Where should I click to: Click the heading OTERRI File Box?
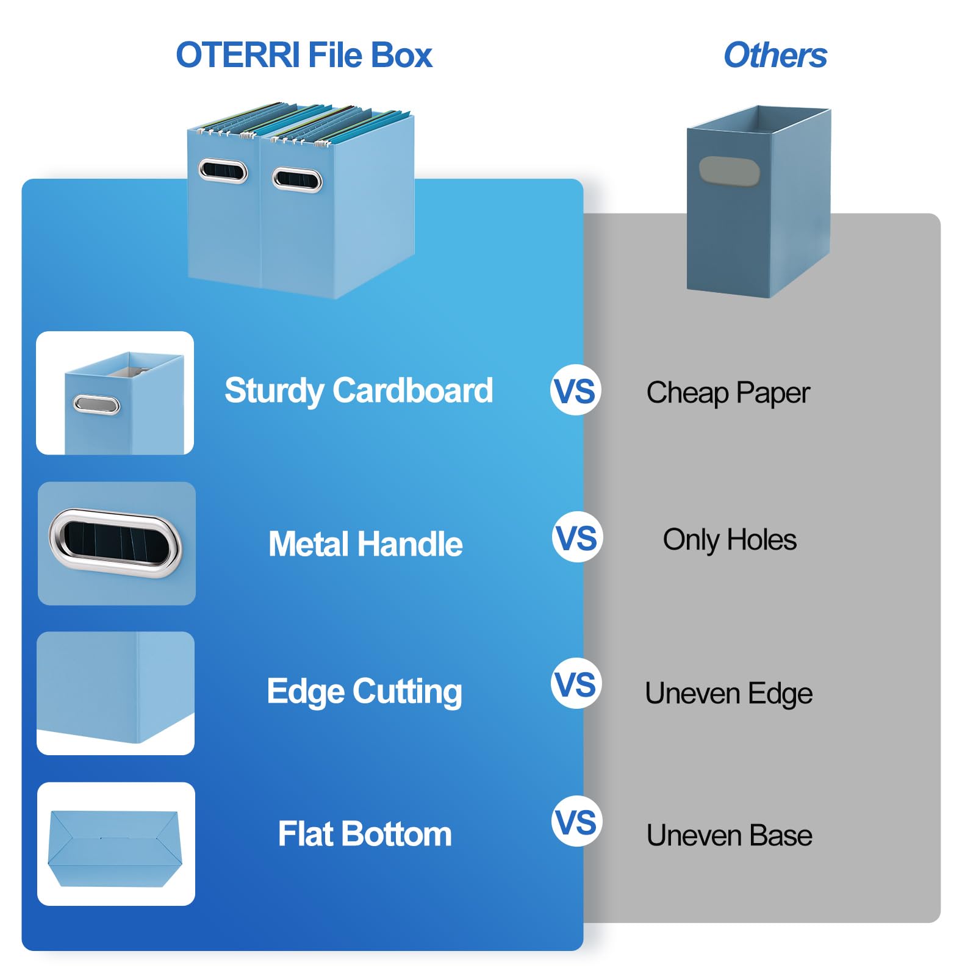tap(304, 56)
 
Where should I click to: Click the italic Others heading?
tap(775, 56)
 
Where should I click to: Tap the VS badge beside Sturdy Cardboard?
tap(576, 390)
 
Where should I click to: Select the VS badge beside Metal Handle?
tap(577, 537)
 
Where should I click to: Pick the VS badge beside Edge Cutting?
tap(576, 684)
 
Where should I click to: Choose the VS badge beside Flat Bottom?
tap(576, 822)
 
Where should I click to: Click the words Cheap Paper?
tap(728, 393)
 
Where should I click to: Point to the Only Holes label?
tap(730, 540)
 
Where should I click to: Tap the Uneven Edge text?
tap(728, 694)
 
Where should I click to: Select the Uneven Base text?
tap(729, 836)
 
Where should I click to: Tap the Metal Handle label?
tap(365, 544)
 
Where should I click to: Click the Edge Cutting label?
tap(364, 691)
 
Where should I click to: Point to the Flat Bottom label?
tap(365, 834)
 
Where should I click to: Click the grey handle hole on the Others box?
tap(729, 171)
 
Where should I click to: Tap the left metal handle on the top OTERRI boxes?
tap(223, 171)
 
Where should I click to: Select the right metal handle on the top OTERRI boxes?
tap(297, 179)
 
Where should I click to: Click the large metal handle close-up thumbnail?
tap(116, 543)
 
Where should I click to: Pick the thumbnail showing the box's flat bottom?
tap(116, 844)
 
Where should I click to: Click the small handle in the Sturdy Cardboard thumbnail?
tap(96, 404)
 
